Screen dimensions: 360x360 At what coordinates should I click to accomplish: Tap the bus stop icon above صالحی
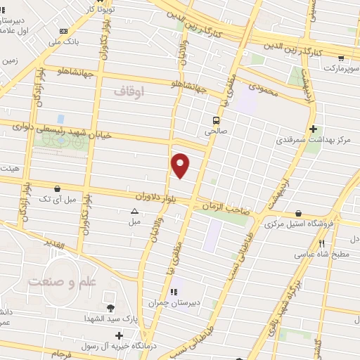pos(215,119)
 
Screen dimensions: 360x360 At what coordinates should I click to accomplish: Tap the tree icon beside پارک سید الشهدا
pos(110,308)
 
